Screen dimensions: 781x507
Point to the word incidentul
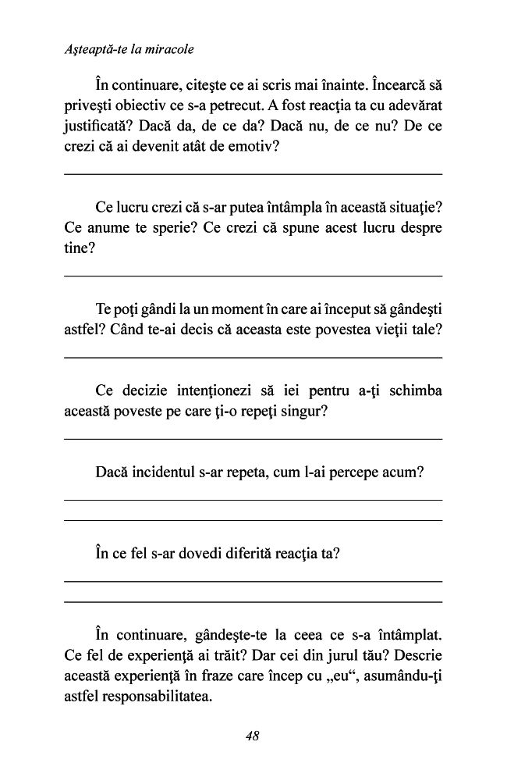(x=168, y=473)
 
